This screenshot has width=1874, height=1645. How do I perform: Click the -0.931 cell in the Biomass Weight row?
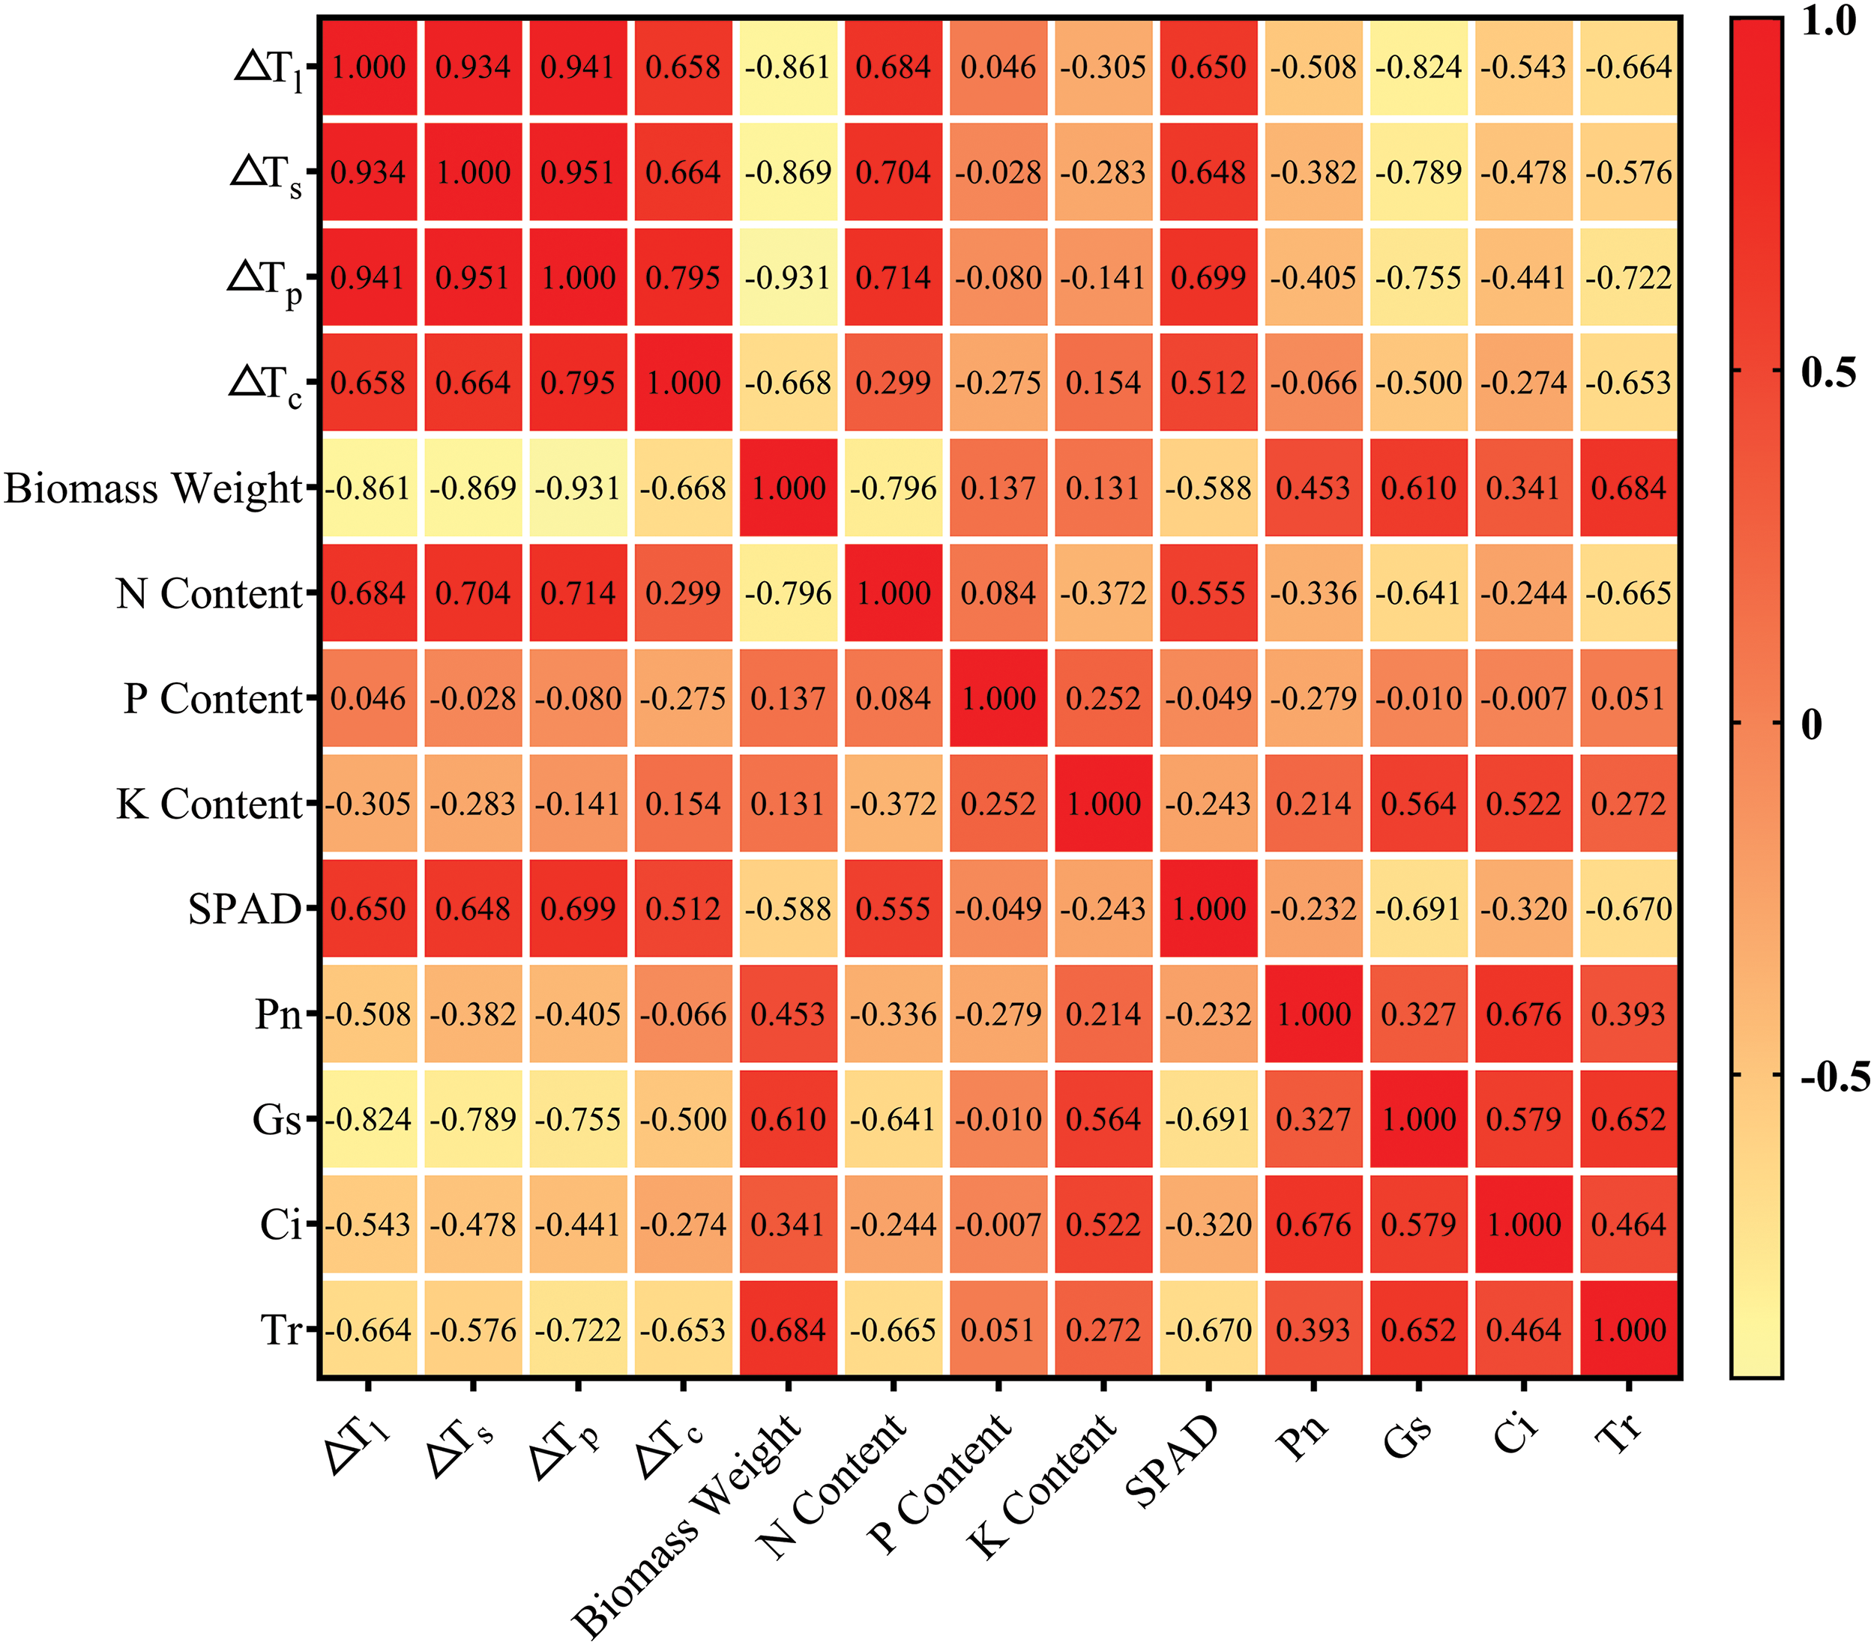[578, 488]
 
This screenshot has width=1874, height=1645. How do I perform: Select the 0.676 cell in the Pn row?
[1524, 1014]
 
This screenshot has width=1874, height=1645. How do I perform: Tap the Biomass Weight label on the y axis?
[153, 488]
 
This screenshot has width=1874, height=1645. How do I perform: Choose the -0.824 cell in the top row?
[1418, 67]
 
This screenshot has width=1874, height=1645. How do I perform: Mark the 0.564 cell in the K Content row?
[1418, 804]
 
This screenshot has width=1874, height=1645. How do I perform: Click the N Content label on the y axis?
[209, 593]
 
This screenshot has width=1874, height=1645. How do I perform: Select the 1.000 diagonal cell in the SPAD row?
[1208, 909]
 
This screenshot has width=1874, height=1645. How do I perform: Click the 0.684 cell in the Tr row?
[789, 1330]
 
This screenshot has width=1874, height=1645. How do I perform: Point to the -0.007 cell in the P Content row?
[1524, 698]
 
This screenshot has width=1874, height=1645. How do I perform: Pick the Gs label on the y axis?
[277, 1119]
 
